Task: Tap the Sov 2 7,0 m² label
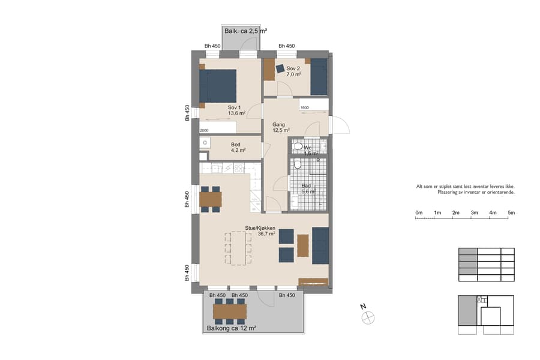(x=293, y=72)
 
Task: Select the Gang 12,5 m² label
(x=281, y=127)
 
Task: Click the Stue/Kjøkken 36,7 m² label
(x=260, y=231)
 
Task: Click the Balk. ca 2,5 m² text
(x=245, y=31)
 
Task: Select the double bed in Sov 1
(x=217, y=86)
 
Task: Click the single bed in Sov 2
(x=319, y=76)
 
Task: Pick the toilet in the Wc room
(x=296, y=146)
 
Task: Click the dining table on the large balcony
(x=230, y=311)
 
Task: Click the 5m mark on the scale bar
(x=511, y=213)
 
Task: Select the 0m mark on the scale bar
(x=419, y=213)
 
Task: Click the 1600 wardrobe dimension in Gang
(x=304, y=108)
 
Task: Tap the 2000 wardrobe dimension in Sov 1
(x=205, y=130)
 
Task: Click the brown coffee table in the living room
(x=302, y=245)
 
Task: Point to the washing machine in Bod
(x=205, y=143)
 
